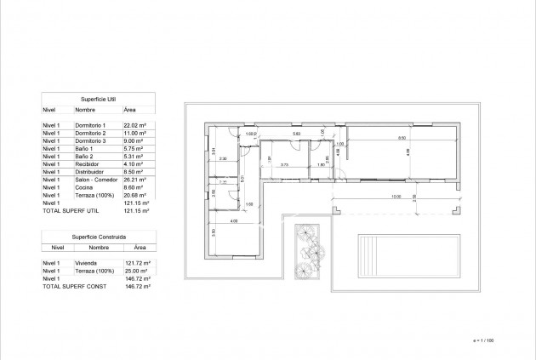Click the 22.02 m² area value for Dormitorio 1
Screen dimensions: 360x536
point(135,125)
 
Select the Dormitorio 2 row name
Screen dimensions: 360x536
point(90,134)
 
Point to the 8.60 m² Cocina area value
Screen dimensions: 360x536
point(134,188)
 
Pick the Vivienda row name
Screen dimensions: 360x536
point(86,264)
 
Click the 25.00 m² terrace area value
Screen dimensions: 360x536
point(135,271)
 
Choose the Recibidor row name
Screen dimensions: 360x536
point(88,164)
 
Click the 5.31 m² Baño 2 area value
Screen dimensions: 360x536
point(134,157)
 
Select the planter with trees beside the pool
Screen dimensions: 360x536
point(307,251)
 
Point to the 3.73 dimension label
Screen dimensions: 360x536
point(285,164)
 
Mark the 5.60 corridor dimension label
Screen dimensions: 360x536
point(296,134)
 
